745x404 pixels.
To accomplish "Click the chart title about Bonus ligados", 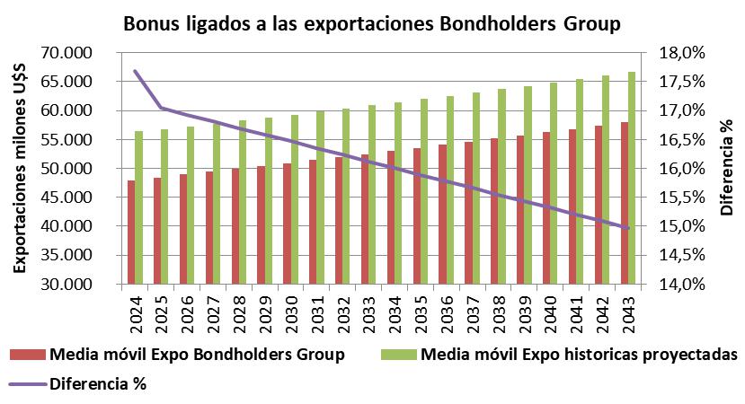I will coord(371,22).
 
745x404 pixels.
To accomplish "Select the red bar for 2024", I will coord(131,232).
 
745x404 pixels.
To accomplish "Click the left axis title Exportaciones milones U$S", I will coord(19,169).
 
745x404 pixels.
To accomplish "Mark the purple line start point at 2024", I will coord(135,71).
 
